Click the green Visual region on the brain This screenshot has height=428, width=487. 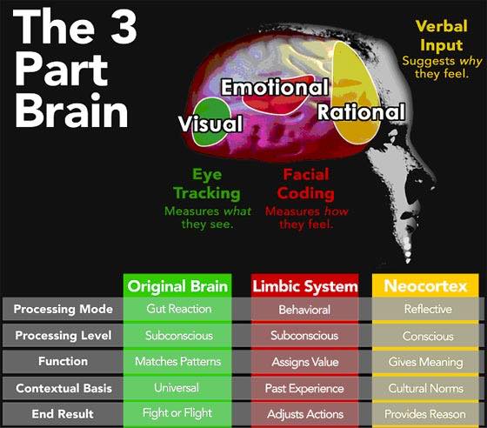point(212,122)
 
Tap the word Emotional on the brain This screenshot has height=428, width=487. point(275,87)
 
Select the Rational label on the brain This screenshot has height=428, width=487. point(361,112)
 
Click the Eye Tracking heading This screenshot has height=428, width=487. point(207,184)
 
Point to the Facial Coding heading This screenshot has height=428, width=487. point(306,184)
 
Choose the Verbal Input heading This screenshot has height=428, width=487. point(442,36)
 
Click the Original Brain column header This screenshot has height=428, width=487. point(177,286)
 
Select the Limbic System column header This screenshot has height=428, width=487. point(305,286)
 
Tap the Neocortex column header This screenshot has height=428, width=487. point(425,285)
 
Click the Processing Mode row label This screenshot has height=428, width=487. point(63,309)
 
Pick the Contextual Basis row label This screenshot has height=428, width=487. point(63,388)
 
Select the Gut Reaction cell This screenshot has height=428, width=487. point(179,309)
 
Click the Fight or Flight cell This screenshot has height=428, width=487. point(177,413)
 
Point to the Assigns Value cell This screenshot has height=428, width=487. point(305,362)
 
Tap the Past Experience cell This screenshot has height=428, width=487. point(304,389)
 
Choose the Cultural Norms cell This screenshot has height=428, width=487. point(425,388)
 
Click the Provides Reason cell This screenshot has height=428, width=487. point(425,414)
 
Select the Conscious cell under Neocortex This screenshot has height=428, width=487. point(428,336)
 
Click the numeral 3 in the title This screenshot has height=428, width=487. point(123,26)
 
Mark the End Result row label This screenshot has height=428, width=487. point(63,414)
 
